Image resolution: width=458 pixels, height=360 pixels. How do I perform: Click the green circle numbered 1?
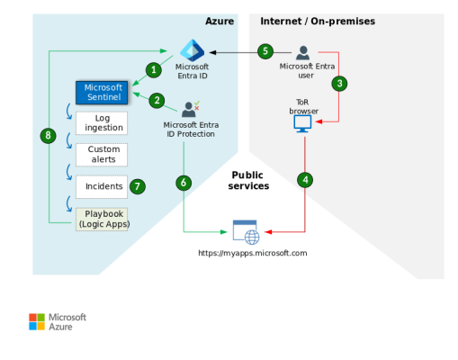coord(154,69)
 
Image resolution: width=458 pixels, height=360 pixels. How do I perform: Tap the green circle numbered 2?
coord(157,100)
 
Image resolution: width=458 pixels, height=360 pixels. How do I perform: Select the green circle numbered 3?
coord(339,84)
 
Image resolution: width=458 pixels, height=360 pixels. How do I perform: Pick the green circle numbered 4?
coord(306,180)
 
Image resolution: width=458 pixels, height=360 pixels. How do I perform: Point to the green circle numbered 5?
coord(265,51)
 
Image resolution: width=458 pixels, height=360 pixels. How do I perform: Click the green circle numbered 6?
coord(184,183)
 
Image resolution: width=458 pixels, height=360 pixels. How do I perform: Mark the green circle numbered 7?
coord(138,186)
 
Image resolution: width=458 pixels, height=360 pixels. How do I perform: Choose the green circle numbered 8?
coord(49,136)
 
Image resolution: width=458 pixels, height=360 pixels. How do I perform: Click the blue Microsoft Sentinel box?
coord(103,92)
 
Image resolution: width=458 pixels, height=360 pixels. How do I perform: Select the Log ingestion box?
coord(101,122)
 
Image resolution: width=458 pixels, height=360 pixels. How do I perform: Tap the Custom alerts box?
coord(101,154)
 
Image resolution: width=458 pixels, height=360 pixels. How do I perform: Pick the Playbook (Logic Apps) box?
coord(101,219)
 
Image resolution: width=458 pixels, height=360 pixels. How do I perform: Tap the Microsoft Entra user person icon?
coord(304,52)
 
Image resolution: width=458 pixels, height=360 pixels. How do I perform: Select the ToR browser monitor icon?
coord(303,124)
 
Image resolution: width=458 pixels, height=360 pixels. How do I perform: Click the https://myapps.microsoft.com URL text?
coord(253,254)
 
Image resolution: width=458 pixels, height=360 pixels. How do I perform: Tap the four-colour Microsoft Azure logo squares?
coord(36,321)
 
